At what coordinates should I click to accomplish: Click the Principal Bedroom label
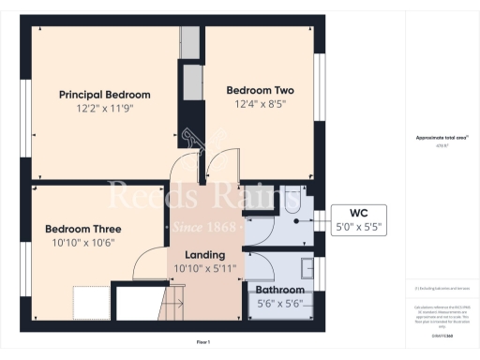coord(104,95)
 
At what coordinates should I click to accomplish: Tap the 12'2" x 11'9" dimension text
coord(104,109)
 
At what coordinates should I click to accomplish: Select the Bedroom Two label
coord(261,90)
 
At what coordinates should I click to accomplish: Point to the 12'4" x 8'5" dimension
coord(261,104)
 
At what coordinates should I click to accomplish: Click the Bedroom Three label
coord(82,229)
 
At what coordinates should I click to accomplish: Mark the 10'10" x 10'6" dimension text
coord(82,243)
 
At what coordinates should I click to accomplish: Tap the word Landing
coord(203,254)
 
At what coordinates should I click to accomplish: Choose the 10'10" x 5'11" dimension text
coord(203,268)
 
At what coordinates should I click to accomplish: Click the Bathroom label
coord(280,291)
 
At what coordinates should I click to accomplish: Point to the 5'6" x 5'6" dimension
coord(280,304)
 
